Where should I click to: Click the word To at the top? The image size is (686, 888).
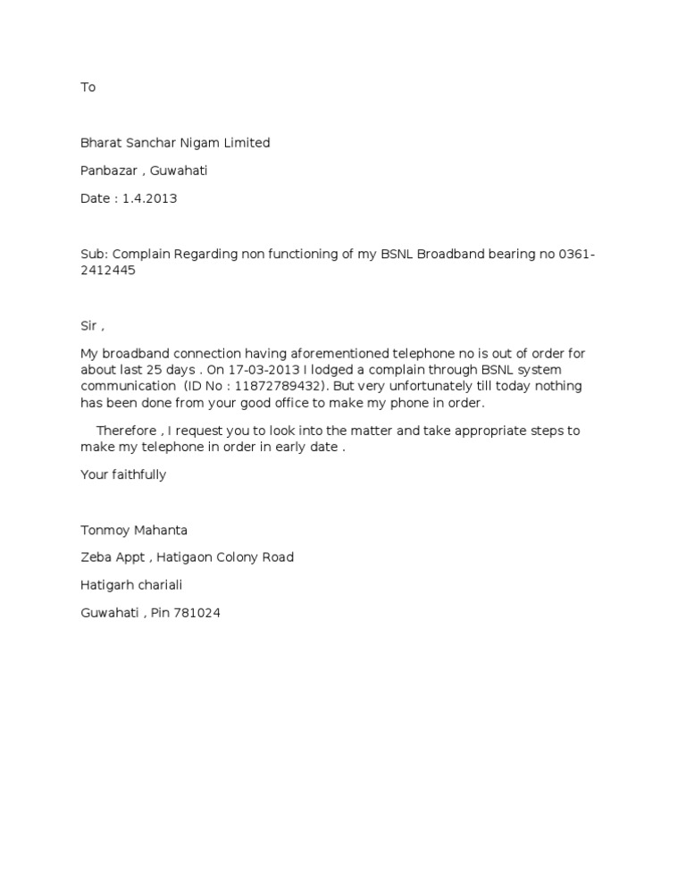(x=88, y=88)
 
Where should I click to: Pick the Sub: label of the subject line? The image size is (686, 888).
(x=94, y=255)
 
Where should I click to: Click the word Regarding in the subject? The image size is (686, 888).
(x=206, y=255)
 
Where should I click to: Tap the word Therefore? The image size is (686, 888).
(x=126, y=431)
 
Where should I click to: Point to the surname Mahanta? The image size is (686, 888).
(x=161, y=530)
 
